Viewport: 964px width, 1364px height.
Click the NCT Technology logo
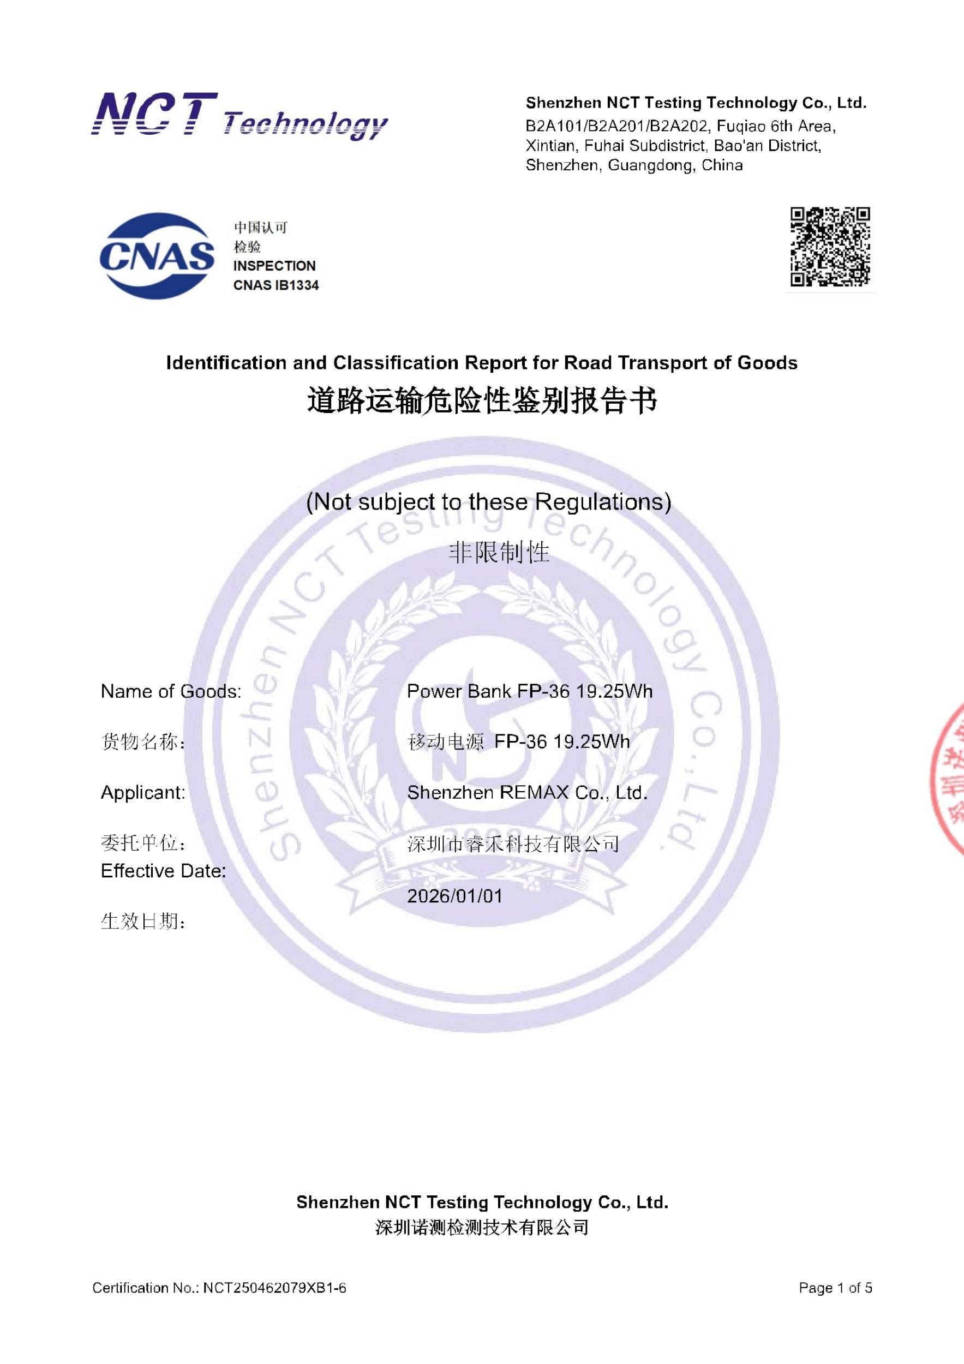239,116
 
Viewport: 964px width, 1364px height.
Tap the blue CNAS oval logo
157,256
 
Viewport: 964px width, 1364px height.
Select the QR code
830,247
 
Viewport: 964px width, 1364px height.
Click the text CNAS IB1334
276,285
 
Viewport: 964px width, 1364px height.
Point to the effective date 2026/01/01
454,896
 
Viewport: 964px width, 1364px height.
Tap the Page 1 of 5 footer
835,1288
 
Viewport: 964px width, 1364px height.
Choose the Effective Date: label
163,871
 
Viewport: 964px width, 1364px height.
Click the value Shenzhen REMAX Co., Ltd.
527,793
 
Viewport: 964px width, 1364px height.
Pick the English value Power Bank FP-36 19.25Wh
529,691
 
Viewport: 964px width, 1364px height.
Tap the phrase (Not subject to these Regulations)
488,502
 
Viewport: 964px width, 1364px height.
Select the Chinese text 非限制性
499,553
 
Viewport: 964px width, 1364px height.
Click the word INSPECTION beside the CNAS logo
274,266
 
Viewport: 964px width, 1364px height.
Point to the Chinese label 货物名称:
142,742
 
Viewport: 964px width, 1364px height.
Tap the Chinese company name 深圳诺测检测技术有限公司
482,1228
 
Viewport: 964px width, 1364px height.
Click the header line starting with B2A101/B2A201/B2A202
680,126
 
